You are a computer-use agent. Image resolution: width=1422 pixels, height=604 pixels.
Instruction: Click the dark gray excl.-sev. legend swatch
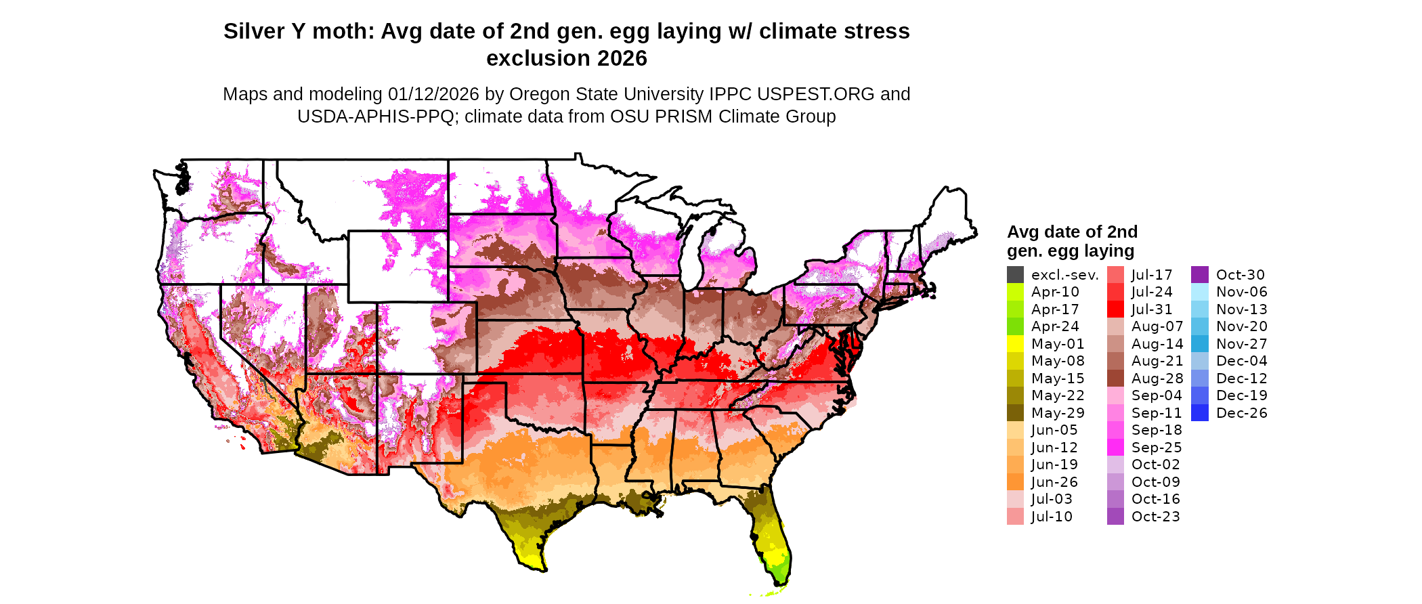[x=1015, y=275]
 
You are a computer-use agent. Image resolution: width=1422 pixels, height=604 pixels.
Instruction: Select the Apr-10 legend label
[x=1055, y=292]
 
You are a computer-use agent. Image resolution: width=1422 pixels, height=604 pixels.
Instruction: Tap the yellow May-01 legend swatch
[x=1015, y=344]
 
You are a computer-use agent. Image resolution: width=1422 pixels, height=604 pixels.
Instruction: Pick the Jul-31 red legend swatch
[x=1115, y=309]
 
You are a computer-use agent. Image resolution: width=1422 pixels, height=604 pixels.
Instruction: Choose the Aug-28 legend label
[x=1157, y=379]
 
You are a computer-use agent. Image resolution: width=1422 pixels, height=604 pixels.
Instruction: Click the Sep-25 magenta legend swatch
[x=1115, y=448]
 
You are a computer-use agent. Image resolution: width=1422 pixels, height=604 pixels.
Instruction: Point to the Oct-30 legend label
[x=1240, y=275]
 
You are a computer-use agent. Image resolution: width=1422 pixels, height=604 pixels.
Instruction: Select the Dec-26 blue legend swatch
[x=1199, y=413]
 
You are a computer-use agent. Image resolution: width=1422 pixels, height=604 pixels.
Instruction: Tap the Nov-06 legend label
[x=1241, y=292]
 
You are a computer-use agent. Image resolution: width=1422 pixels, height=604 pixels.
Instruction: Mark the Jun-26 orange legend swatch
[x=1015, y=482]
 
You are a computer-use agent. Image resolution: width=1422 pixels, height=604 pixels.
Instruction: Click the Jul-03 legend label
[x=1052, y=499]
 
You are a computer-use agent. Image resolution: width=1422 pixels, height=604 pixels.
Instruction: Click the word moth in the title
[x=343, y=31]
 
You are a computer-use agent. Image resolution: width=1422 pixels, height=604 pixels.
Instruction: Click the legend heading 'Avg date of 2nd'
[x=1072, y=232]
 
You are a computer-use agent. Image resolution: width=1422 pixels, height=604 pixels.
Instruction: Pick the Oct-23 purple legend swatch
[x=1115, y=517]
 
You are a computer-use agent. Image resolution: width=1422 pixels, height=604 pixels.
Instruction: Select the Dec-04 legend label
[x=1241, y=361]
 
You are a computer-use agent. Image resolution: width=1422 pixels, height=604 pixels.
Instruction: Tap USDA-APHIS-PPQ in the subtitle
[x=376, y=116]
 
